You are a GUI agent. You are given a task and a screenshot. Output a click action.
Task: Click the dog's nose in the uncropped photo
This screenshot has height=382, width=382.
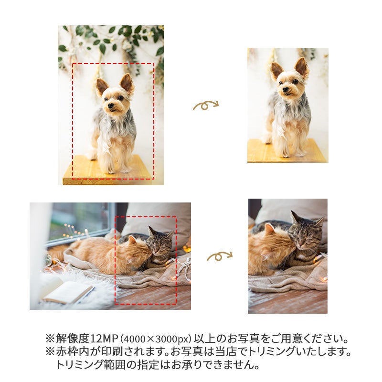111,106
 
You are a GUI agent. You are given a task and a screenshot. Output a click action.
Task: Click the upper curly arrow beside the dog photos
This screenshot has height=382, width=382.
206,105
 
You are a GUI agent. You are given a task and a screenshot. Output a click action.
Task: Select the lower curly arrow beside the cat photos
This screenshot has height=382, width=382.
220,256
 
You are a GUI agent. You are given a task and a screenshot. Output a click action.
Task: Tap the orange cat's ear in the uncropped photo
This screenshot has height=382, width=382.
132,240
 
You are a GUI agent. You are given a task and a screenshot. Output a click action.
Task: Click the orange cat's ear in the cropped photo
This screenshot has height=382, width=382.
269,229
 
